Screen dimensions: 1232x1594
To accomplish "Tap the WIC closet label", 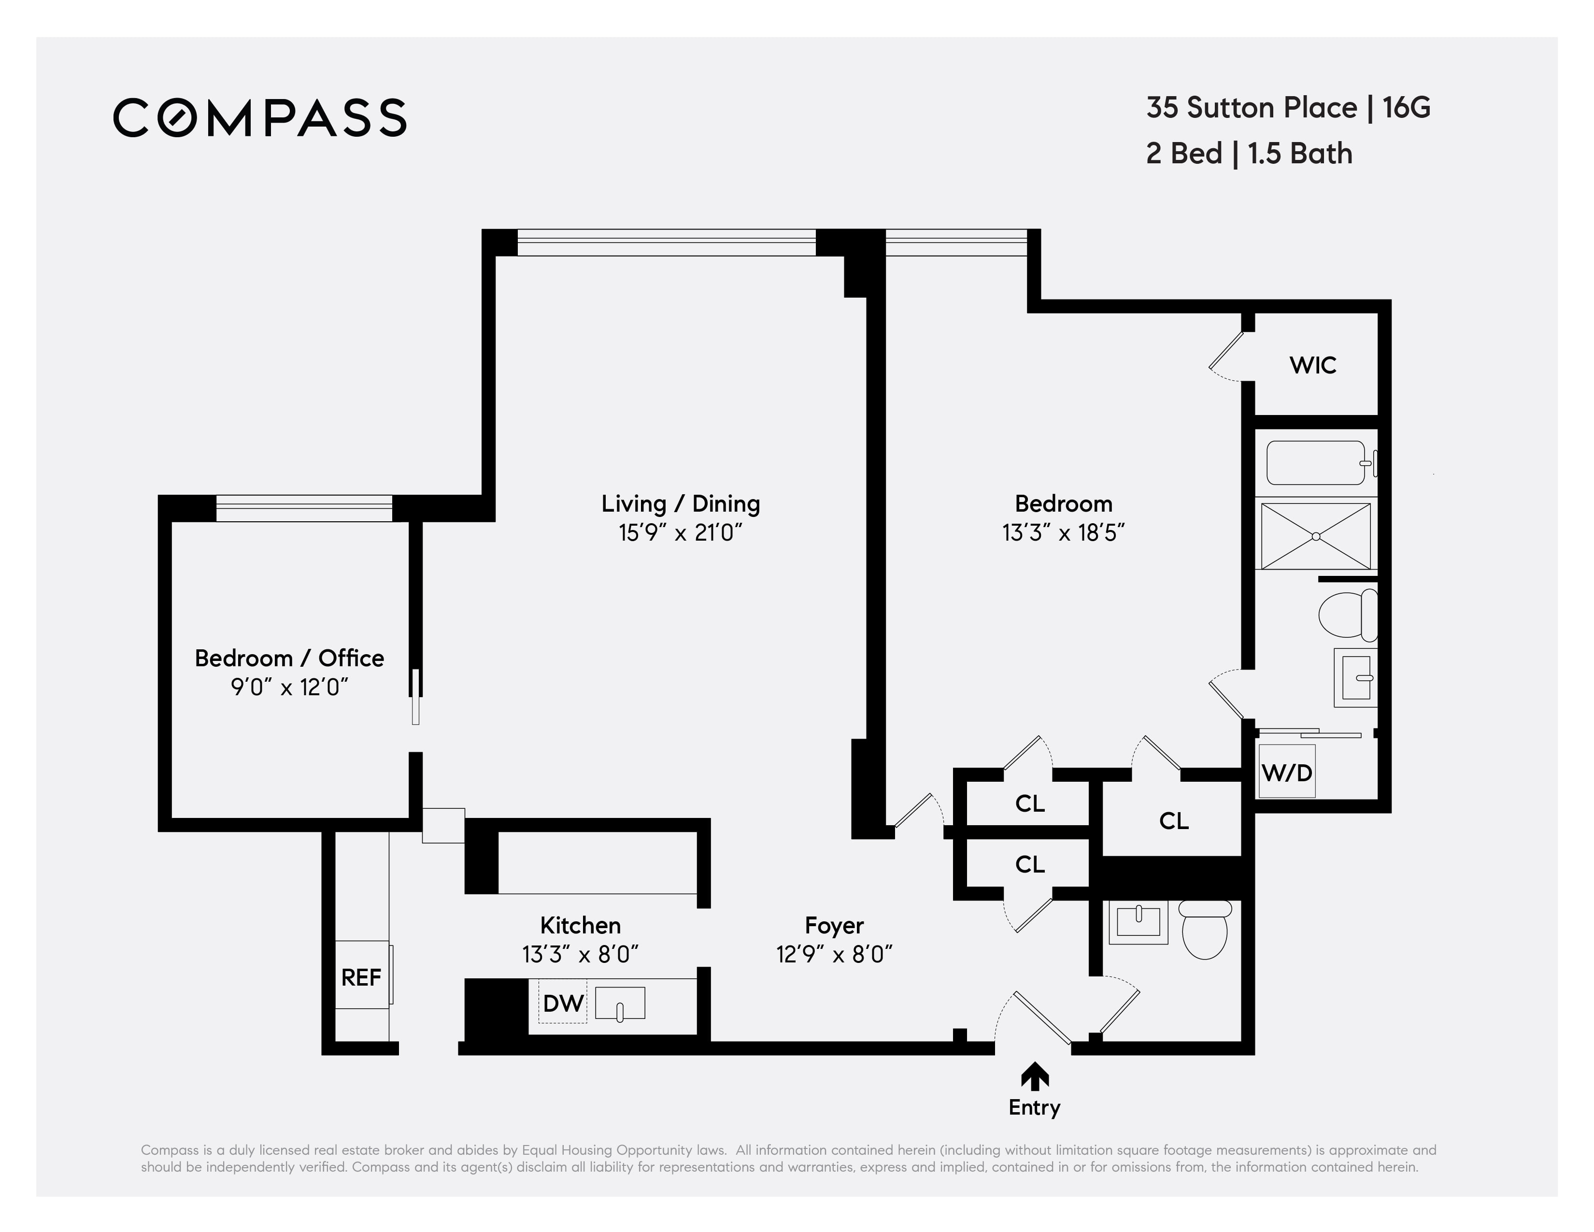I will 1312,365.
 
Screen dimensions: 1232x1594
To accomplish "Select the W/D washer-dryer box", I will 1287,772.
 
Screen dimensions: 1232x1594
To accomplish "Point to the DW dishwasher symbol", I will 563,1003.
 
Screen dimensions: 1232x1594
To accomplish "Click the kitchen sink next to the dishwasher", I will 620,1003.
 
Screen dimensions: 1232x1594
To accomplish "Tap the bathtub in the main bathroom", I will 1315,463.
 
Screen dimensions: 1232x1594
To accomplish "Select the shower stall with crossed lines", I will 1315,536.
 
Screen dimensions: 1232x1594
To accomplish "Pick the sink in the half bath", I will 1139,922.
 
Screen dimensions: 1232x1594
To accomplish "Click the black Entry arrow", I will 1034,1076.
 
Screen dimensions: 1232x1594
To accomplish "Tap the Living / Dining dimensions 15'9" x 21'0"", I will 680,533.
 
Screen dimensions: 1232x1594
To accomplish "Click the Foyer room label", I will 834,926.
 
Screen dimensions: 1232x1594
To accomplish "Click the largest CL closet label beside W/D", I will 1174,821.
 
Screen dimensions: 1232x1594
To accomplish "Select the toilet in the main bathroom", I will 1347,615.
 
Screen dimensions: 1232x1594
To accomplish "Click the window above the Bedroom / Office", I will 304,508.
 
